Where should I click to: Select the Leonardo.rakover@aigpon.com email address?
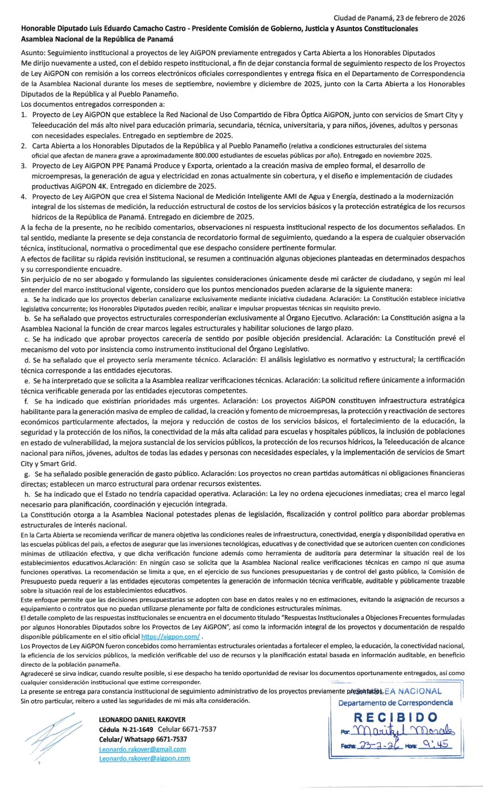144,758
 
